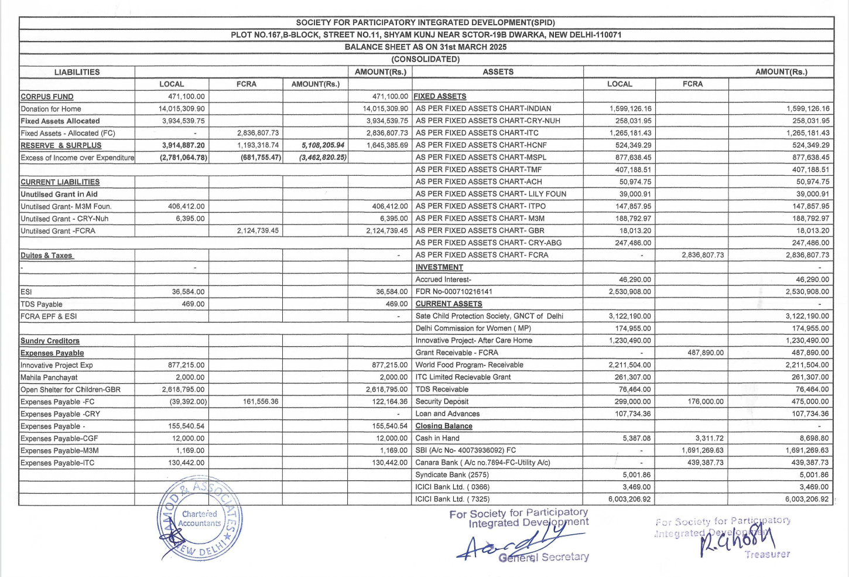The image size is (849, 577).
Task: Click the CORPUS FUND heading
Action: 47,97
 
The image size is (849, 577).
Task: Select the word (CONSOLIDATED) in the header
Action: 426,59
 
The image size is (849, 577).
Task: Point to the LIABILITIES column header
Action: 77,72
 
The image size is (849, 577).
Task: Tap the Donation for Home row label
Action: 51,109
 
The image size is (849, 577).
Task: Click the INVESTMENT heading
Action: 439,267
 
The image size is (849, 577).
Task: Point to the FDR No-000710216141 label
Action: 454,292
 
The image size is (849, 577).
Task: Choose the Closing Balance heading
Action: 444,426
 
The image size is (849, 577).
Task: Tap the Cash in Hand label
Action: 437,438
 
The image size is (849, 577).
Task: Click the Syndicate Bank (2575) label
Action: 452,475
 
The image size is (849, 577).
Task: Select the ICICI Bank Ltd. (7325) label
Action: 453,499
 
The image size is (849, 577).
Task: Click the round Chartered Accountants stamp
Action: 199,518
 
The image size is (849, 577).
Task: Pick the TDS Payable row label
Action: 42,304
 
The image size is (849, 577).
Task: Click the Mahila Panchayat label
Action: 49,377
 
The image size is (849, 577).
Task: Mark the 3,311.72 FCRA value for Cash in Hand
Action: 709,438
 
